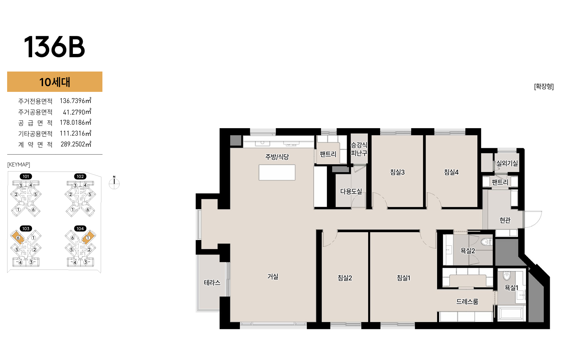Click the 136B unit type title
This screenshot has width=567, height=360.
click(54, 47)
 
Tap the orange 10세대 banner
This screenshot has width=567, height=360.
click(55, 82)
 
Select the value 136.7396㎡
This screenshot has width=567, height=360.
click(75, 101)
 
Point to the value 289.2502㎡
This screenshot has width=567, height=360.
click(76, 144)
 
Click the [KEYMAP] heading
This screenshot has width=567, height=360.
click(19, 164)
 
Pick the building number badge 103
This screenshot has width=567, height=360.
click(26, 228)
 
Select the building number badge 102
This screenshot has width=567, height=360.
click(80, 176)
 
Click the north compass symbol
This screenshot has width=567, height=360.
click(114, 183)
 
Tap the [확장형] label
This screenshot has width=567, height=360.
click(544, 86)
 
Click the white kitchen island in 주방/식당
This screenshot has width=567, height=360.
click(277, 173)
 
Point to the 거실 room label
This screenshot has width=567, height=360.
click(273, 277)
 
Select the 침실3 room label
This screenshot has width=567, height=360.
click(397, 172)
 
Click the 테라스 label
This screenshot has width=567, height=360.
click(212, 283)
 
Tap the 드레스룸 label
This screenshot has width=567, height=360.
click(467, 302)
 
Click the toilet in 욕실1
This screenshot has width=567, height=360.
click(507, 276)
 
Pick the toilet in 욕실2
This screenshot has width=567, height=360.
click(486, 242)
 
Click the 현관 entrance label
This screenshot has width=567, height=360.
click(505, 220)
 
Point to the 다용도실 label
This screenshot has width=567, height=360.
click(351, 191)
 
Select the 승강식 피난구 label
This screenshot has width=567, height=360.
click(359, 149)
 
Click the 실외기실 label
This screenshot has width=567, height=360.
click(507, 163)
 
